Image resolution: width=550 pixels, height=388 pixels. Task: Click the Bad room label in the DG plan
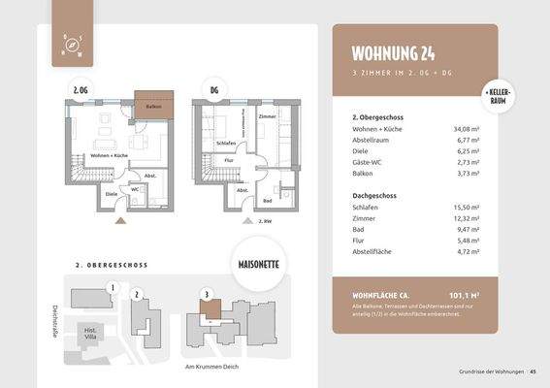[267, 202]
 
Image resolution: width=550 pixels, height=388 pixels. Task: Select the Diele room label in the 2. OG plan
[111, 192]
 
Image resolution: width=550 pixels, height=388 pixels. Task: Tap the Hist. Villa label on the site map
[92, 333]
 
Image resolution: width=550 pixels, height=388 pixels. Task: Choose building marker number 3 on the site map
[205, 294]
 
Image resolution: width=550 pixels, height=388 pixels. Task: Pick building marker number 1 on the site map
[113, 287]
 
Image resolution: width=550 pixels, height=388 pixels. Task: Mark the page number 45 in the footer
[533, 372]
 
